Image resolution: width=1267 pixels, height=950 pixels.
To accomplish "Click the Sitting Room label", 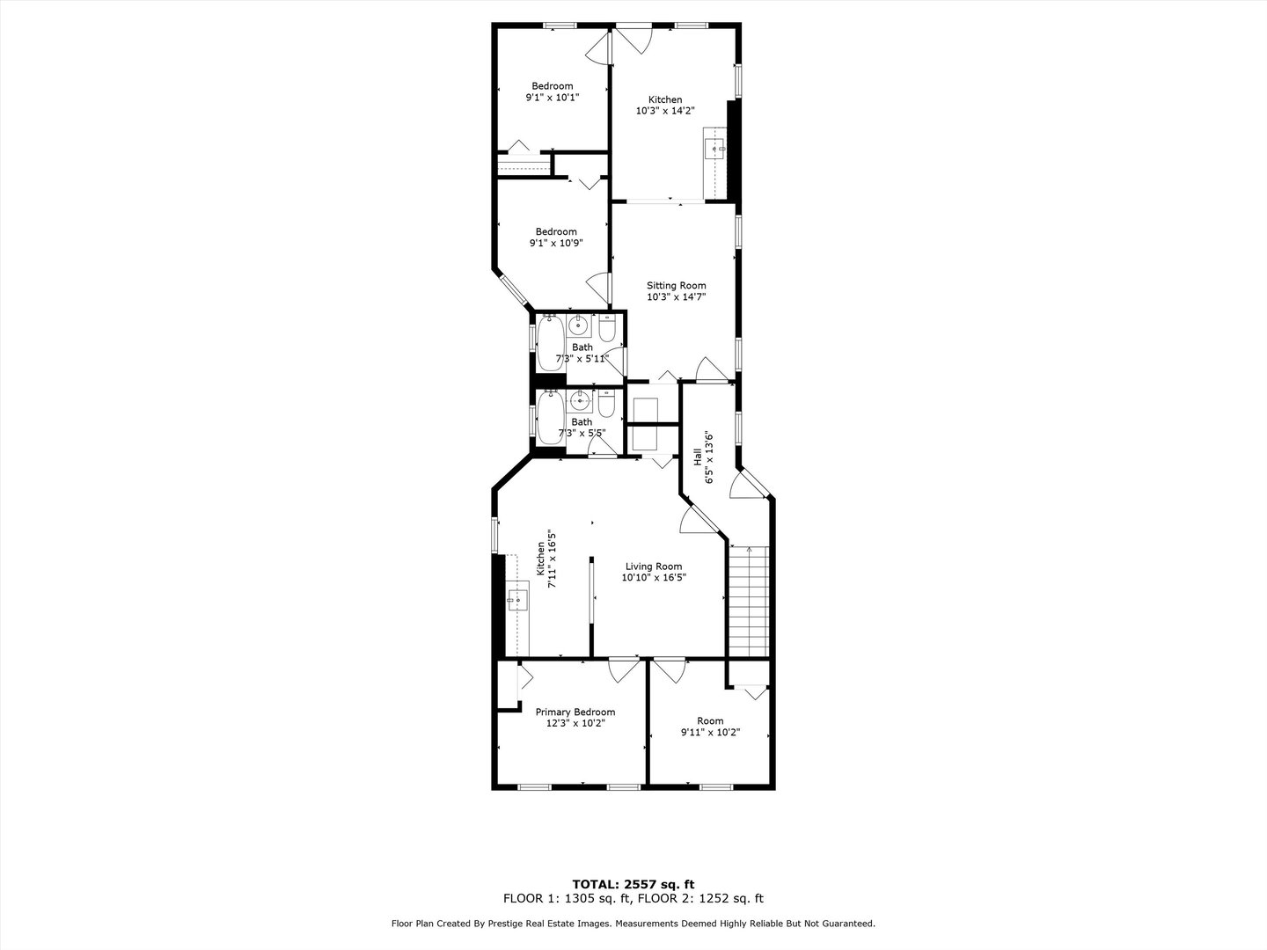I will [676, 286].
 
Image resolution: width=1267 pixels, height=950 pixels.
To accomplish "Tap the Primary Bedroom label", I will [575, 712].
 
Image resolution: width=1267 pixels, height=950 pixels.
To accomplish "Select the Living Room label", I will [653, 566].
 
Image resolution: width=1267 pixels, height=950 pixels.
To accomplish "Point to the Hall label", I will [698, 457].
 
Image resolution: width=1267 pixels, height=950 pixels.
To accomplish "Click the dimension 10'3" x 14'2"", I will [665, 112].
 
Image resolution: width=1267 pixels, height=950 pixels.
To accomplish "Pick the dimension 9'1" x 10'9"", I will [555, 244].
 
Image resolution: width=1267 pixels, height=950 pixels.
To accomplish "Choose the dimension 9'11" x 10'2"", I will [710, 733].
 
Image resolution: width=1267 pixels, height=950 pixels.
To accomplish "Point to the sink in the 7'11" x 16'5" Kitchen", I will [516, 602].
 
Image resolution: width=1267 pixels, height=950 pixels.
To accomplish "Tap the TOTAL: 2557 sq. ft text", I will [633, 884].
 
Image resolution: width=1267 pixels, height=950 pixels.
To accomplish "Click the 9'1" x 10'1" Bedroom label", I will [552, 86].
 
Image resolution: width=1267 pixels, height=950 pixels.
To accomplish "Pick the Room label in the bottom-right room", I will [710, 721].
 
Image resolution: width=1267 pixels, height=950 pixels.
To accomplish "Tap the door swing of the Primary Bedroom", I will [624, 670].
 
